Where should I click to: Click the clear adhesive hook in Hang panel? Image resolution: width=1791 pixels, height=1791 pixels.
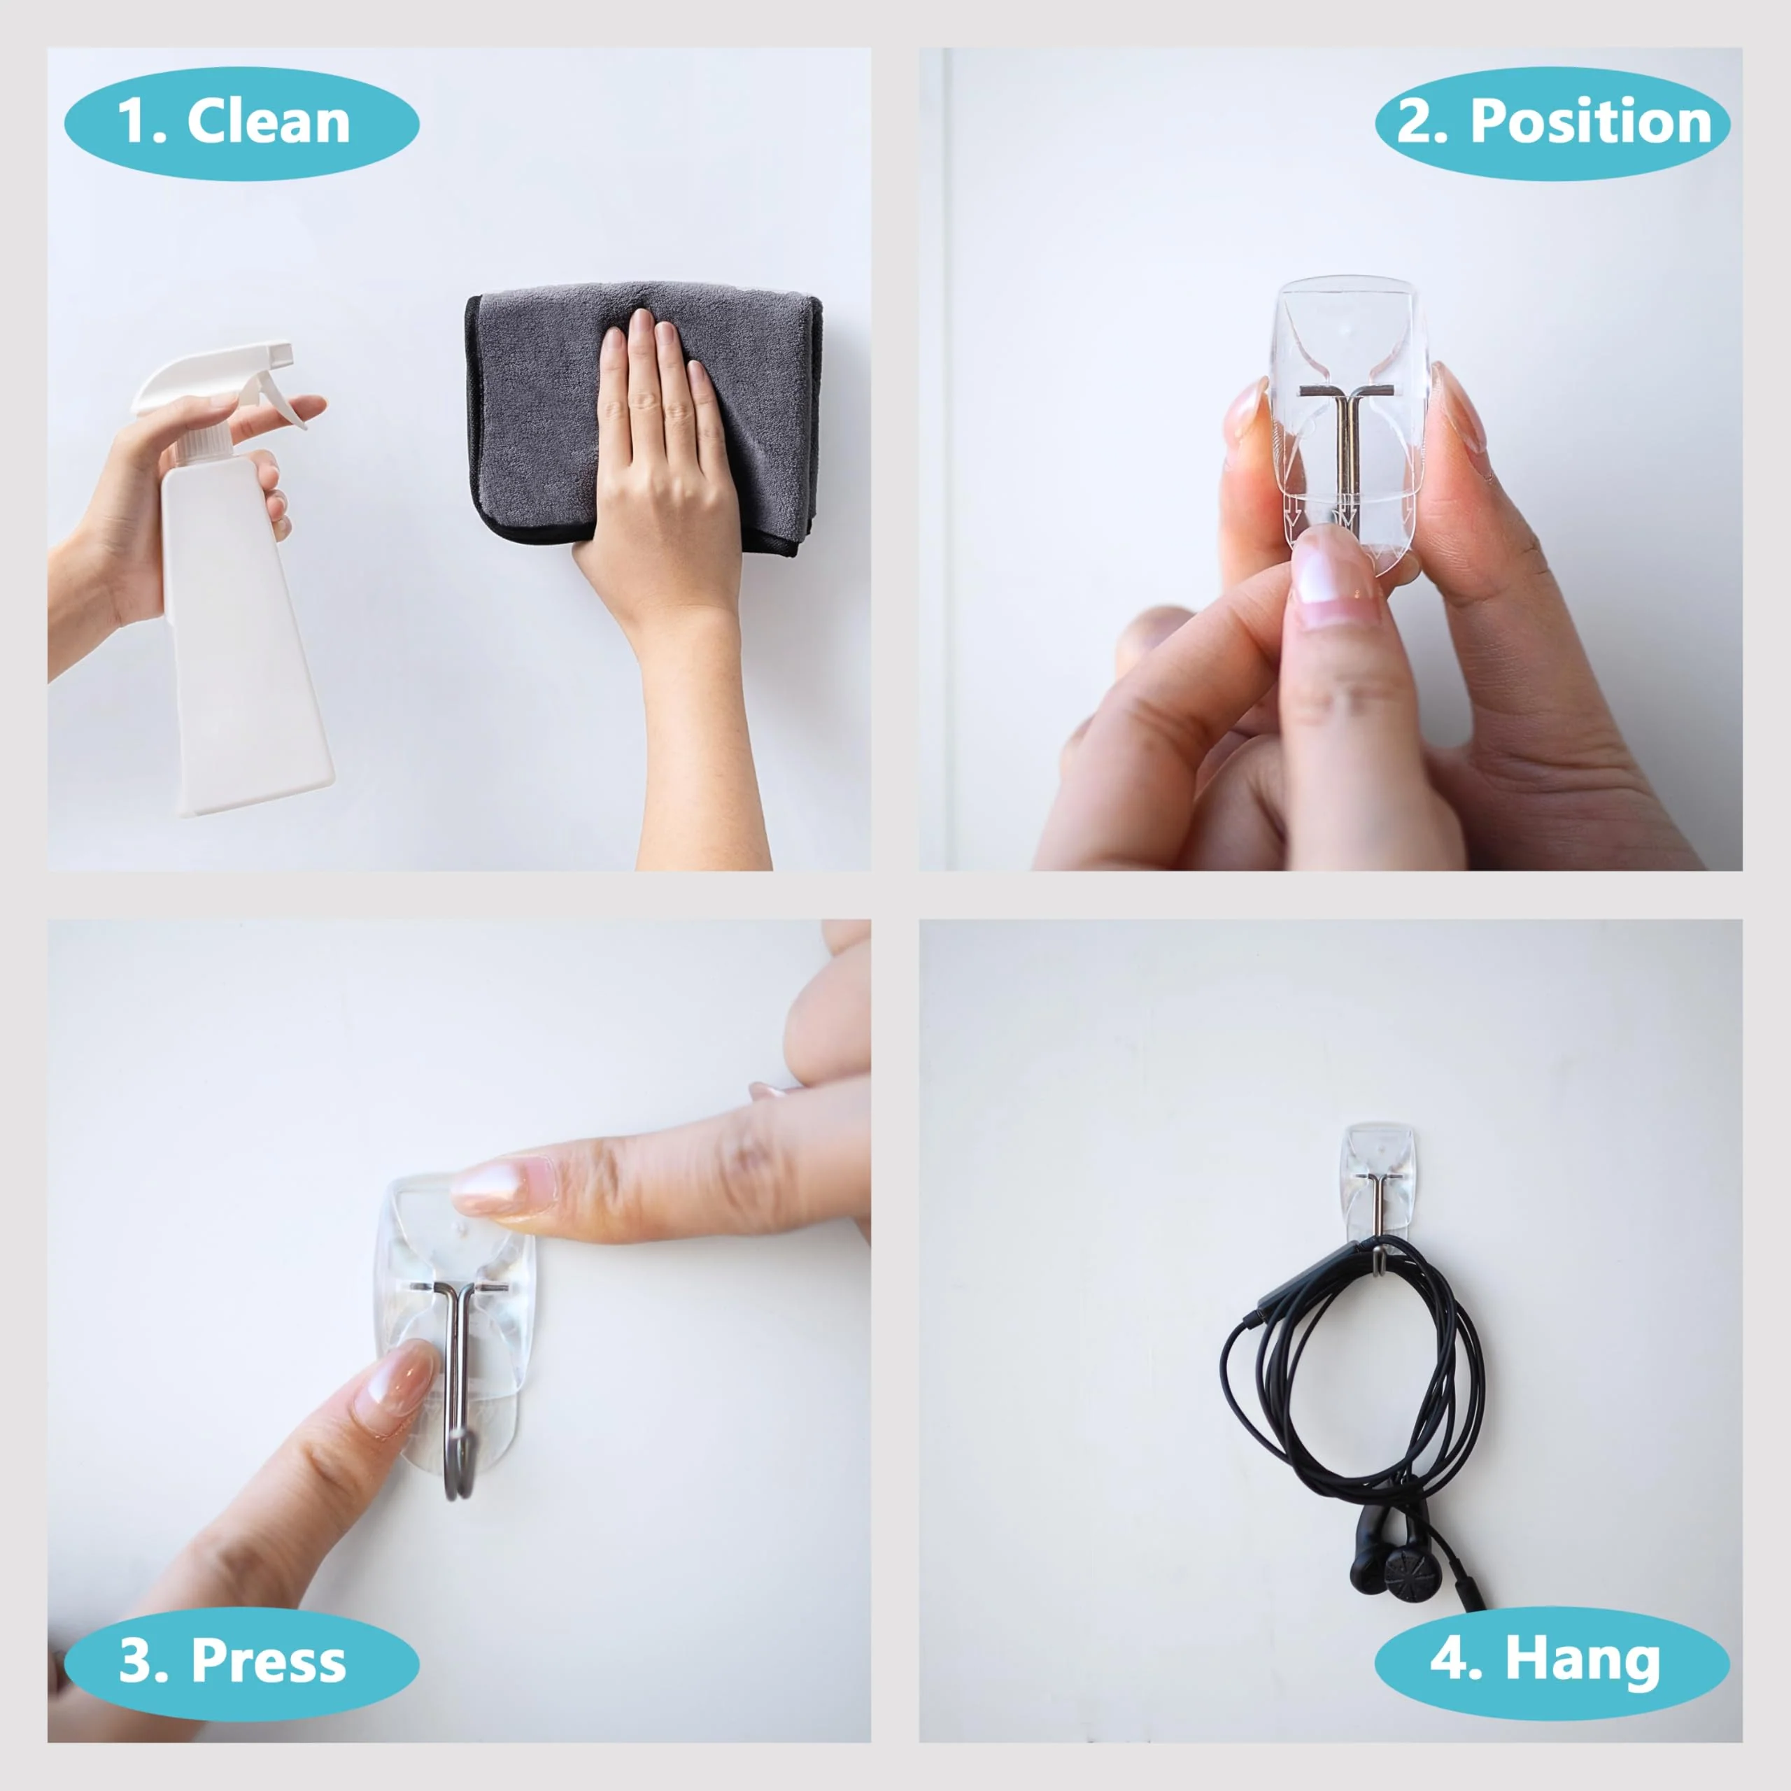(1378, 1182)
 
